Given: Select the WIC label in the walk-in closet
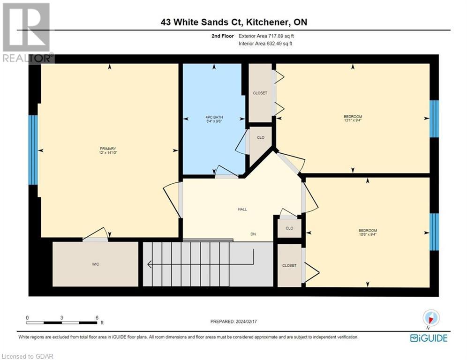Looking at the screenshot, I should point(96,264).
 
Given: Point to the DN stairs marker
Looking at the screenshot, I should point(253,234).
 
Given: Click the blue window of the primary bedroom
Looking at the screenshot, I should point(33,150).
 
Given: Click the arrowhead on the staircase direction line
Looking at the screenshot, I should point(150,264).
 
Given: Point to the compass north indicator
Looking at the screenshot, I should point(430,318).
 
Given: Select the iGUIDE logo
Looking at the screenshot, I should point(428,338).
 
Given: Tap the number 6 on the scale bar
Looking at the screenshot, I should point(97,317).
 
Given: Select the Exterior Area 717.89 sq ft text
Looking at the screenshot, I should point(266,36).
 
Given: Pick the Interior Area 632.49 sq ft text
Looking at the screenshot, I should point(266,44).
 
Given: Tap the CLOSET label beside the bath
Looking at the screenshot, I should point(260,93).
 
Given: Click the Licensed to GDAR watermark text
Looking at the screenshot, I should point(27,356).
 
